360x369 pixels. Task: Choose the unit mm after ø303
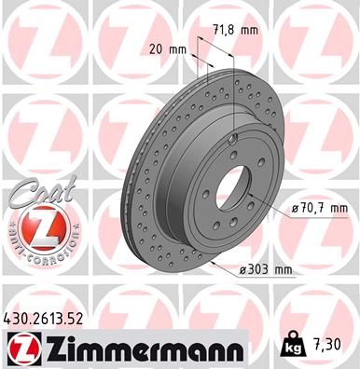282,270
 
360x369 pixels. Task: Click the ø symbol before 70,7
296,208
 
